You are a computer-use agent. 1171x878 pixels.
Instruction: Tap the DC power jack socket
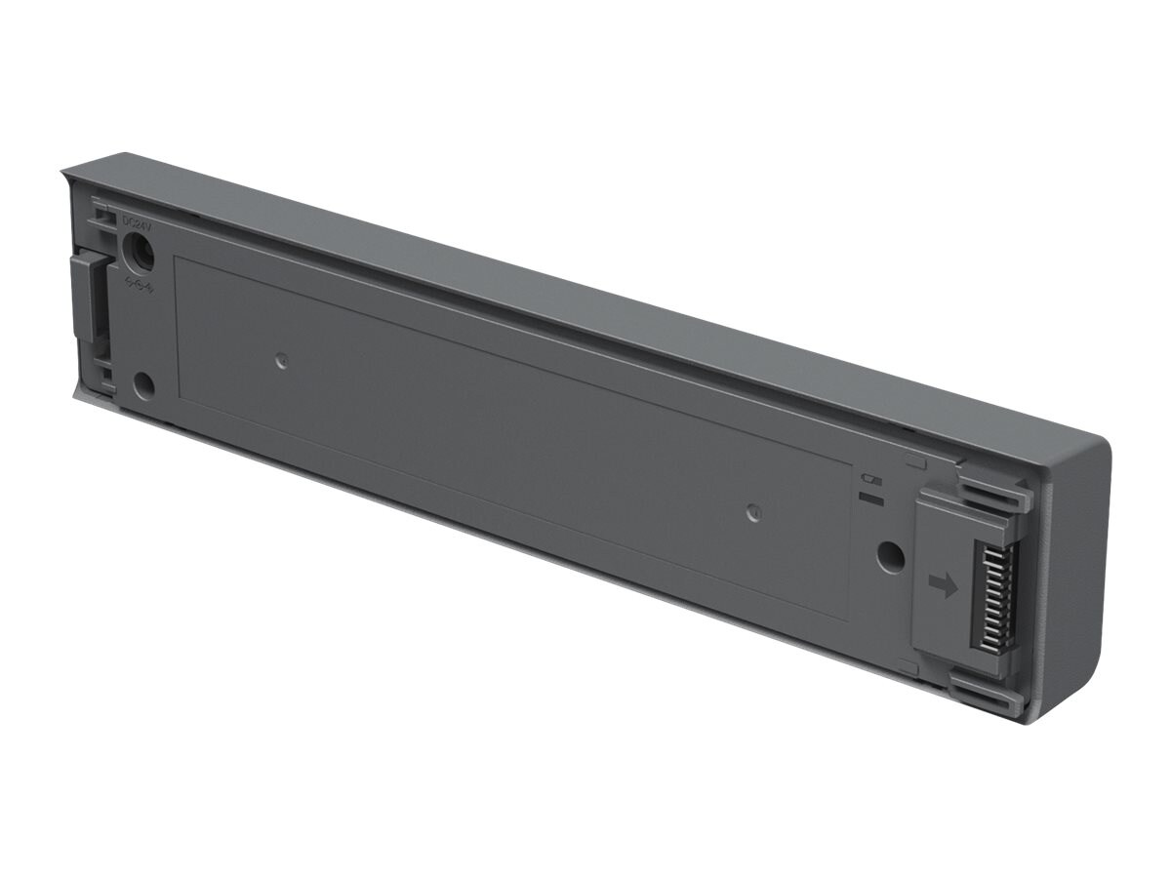(x=140, y=256)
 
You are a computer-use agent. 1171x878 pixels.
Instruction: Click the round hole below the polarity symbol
(x=143, y=384)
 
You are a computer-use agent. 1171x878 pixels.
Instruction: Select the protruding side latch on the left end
(x=86, y=298)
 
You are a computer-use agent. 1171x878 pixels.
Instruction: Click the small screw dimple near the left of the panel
(x=281, y=361)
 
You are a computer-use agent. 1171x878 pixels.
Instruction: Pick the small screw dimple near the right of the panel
(x=751, y=512)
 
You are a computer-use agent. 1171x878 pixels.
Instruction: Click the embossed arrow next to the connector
(x=943, y=583)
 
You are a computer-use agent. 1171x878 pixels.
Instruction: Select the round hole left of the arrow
(x=890, y=556)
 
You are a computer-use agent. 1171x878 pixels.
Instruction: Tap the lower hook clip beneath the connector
(x=986, y=695)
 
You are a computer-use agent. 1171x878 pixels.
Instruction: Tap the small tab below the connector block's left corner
(x=908, y=667)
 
